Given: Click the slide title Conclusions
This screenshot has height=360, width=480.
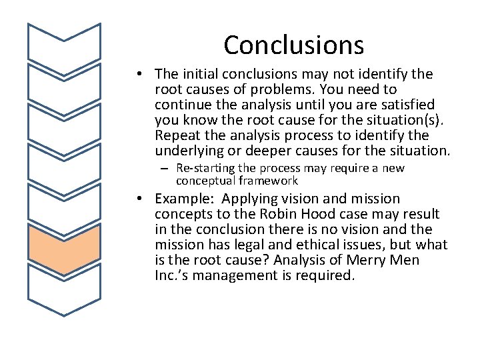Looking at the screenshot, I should (x=293, y=45).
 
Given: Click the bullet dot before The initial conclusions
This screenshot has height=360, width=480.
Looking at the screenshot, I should (x=144, y=74).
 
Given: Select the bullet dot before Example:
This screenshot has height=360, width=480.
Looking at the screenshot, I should (x=144, y=199).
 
